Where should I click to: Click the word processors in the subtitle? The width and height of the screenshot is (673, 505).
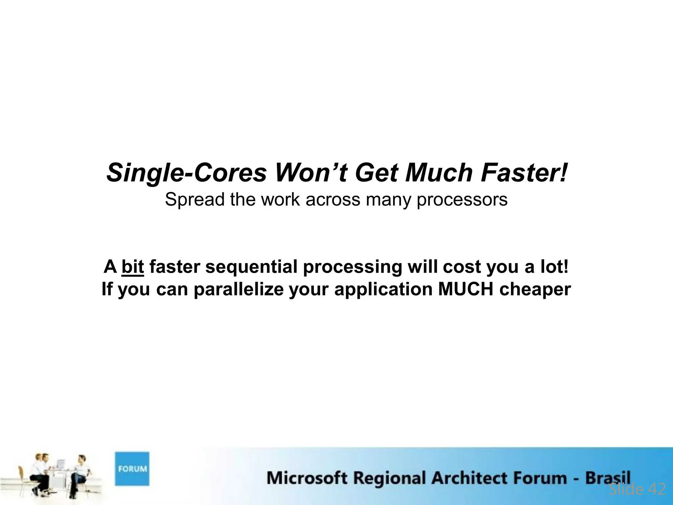tap(462, 200)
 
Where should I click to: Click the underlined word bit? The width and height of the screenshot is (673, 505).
tap(133, 266)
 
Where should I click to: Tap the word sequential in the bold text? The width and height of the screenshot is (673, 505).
tap(251, 266)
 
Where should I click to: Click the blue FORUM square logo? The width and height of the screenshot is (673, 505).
tap(132, 469)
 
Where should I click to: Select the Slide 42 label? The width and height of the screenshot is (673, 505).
tap(637, 489)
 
